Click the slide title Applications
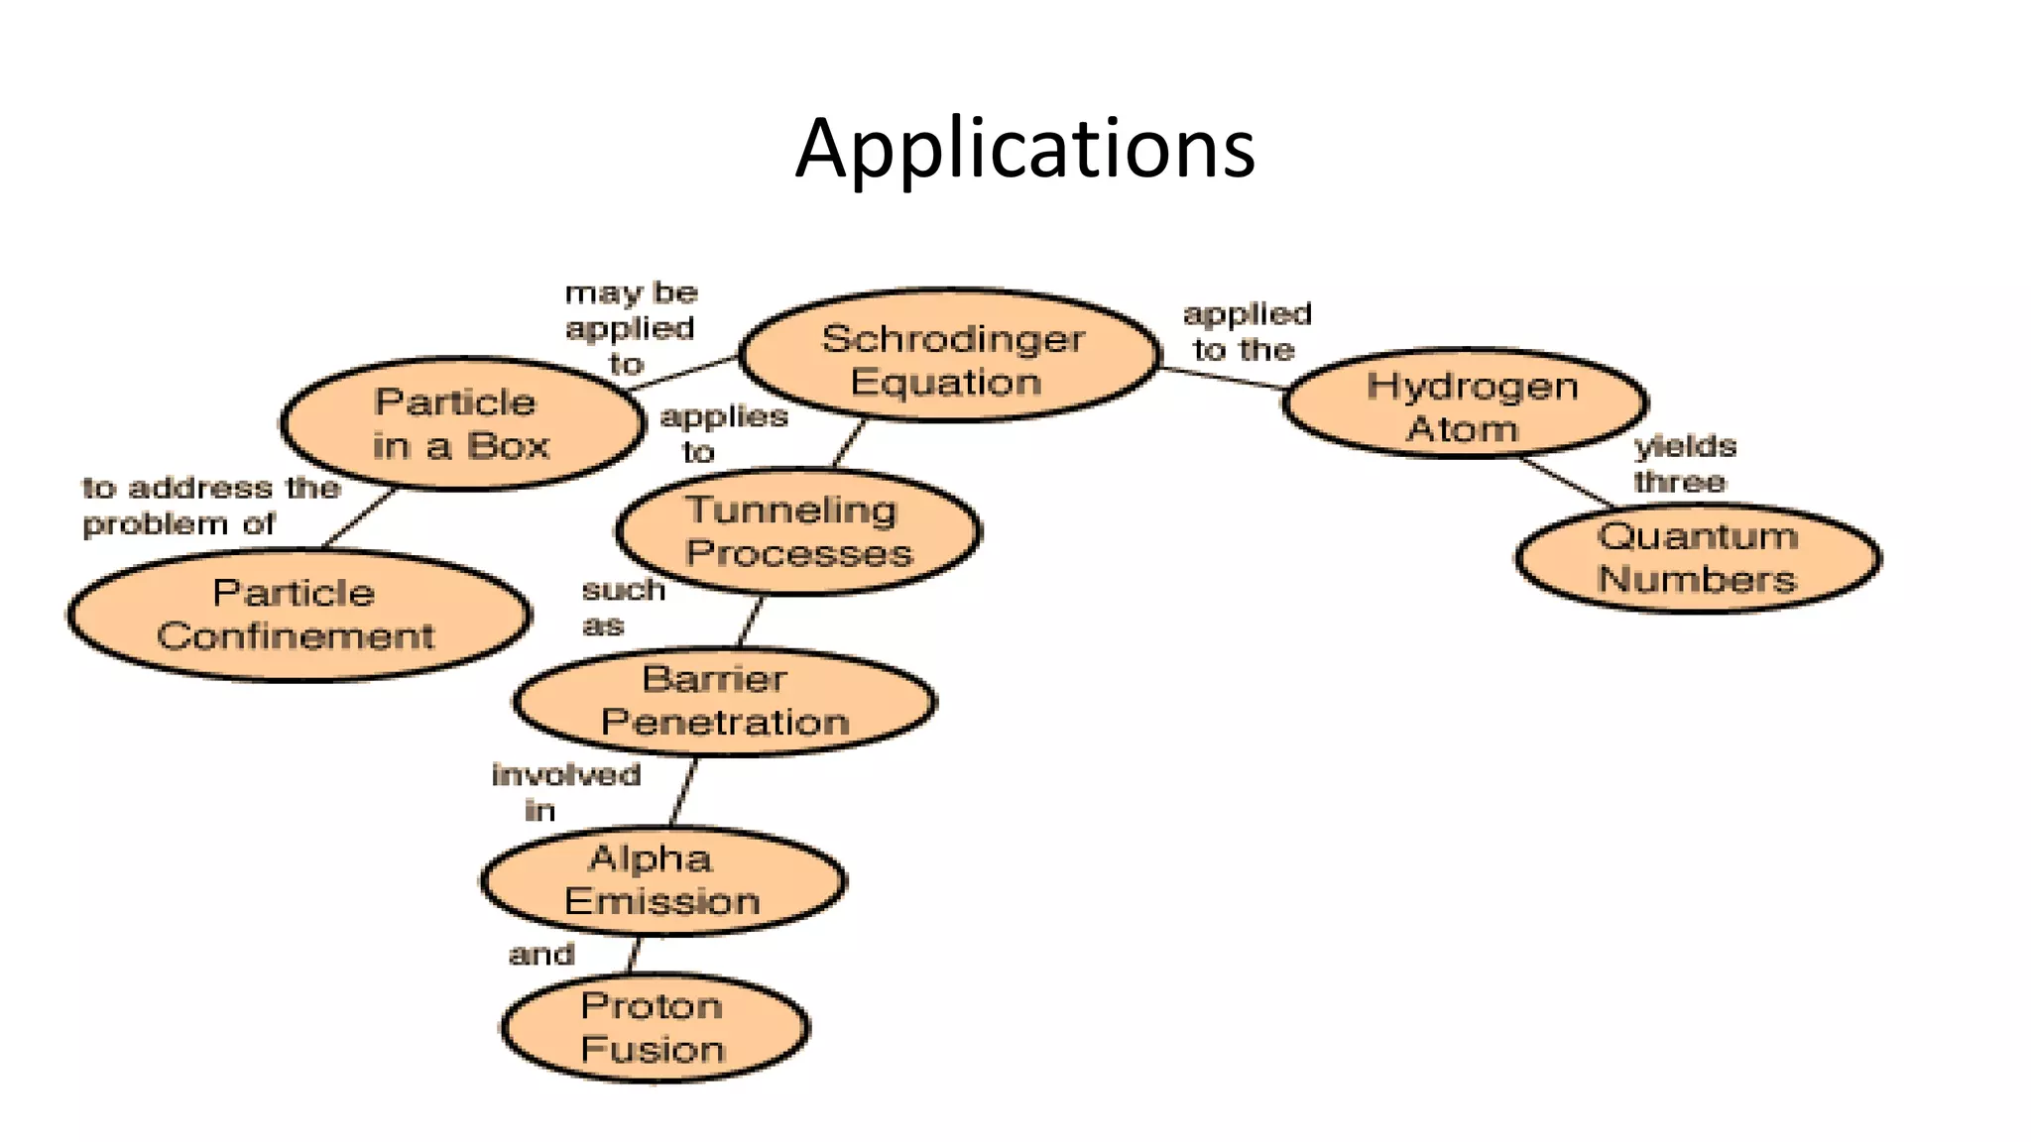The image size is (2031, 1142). [x=1024, y=149]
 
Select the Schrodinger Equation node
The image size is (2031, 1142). [x=949, y=356]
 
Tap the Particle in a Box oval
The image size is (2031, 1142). [x=461, y=424]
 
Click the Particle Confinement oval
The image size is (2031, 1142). [x=297, y=615]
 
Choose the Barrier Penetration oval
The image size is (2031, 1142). [x=724, y=702]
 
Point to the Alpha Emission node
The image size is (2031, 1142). [x=661, y=880]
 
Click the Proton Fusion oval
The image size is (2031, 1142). [x=654, y=1028]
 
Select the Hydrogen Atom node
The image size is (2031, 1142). [x=1465, y=404]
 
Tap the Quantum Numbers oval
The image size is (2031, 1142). [x=1697, y=558]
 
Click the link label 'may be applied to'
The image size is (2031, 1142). [x=631, y=328]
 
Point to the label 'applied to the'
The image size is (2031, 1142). [x=1247, y=332]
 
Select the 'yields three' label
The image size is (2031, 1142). [x=1684, y=464]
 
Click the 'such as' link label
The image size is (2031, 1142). [x=621, y=607]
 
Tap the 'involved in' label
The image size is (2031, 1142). [x=565, y=792]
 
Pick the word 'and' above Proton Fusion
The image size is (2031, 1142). [x=541, y=955]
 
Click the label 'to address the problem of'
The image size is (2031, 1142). [x=210, y=506]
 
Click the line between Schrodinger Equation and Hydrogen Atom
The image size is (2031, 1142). [x=1222, y=379]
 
